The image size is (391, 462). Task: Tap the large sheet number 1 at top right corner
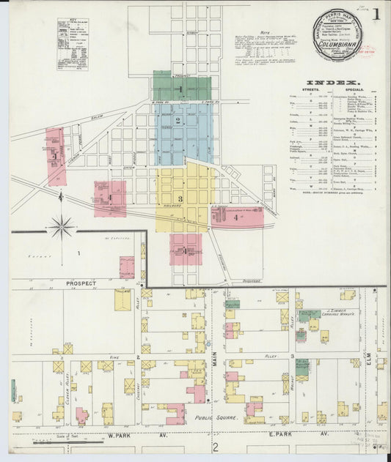(375, 14)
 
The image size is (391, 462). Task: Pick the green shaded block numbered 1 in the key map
(181, 89)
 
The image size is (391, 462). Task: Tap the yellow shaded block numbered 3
(180, 198)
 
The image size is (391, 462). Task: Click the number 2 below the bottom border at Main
(216, 447)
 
